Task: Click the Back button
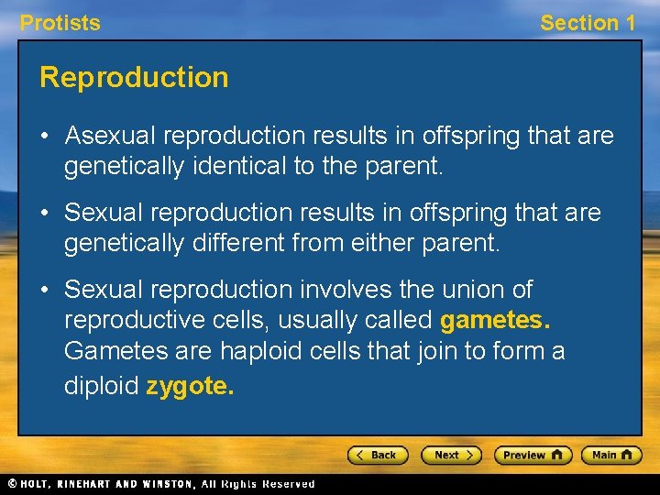pyautogui.click(x=377, y=455)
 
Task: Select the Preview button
pyautogui.click(x=533, y=455)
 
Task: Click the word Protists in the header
pyautogui.click(x=60, y=23)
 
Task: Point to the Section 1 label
pyautogui.click(x=587, y=23)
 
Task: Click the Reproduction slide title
pyautogui.click(x=134, y=77)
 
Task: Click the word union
pyautogui.click(x=476, y=290)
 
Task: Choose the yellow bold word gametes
pyautogui.click(x=496, y=321)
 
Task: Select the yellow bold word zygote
pyautogui.click(x=190, y=386)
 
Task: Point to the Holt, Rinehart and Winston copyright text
pyautogui.click(x=160, y=484)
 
